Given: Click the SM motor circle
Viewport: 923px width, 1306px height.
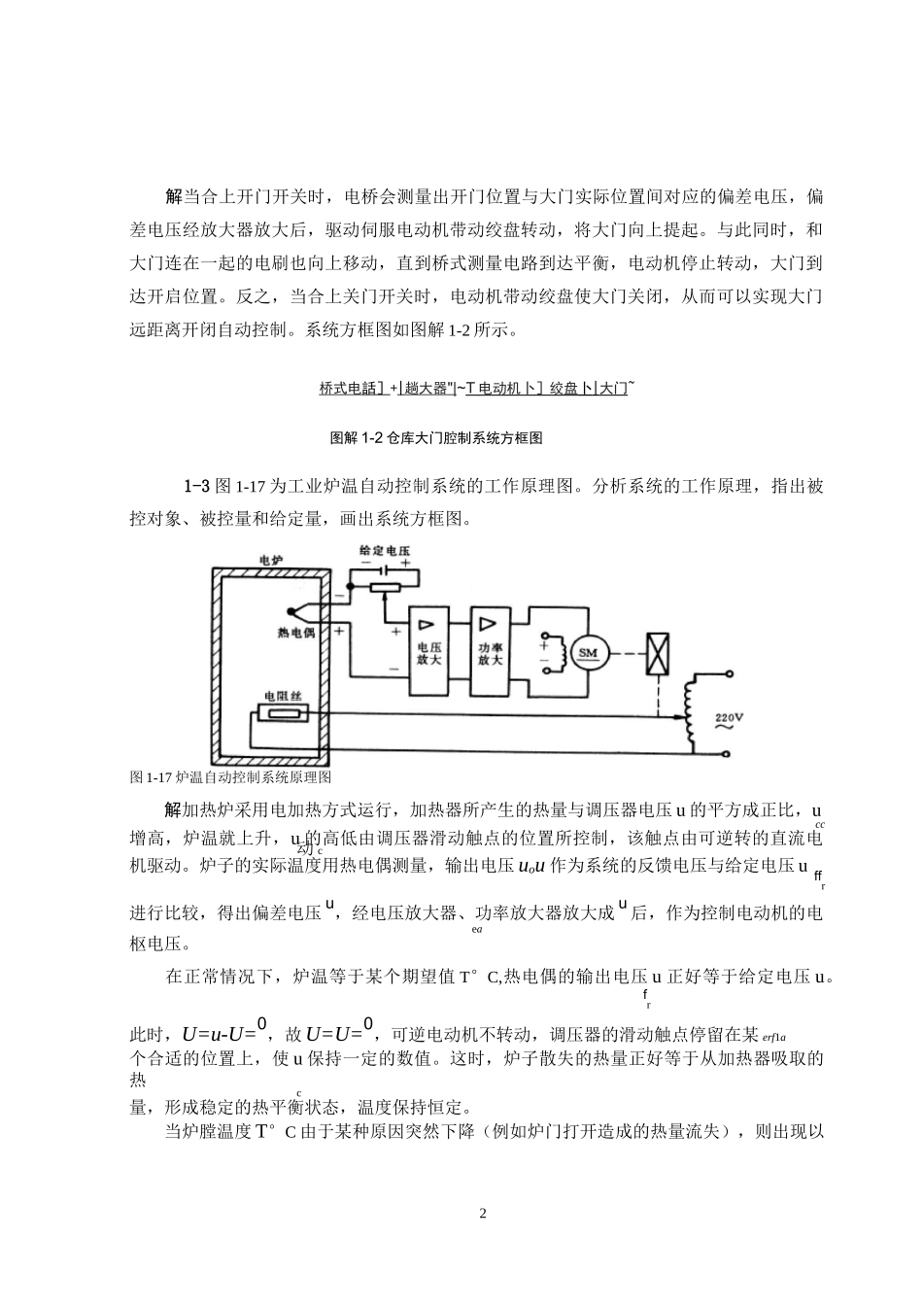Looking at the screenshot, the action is [588, 653].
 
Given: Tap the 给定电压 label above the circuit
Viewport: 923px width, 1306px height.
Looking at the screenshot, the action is [386, 550].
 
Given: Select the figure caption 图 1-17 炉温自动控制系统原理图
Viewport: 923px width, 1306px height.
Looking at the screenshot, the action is [231, 777].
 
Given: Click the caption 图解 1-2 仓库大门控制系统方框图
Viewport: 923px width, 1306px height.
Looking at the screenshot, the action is [436, 438].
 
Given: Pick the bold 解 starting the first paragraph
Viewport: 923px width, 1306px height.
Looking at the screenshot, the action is [174, 197].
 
